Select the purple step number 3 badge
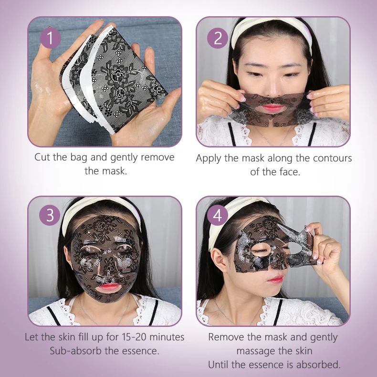(x=50, y=216)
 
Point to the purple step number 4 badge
(x=218, y=216)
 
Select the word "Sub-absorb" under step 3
(x=74, y=351)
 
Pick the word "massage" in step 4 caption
(x=256, y=351)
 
